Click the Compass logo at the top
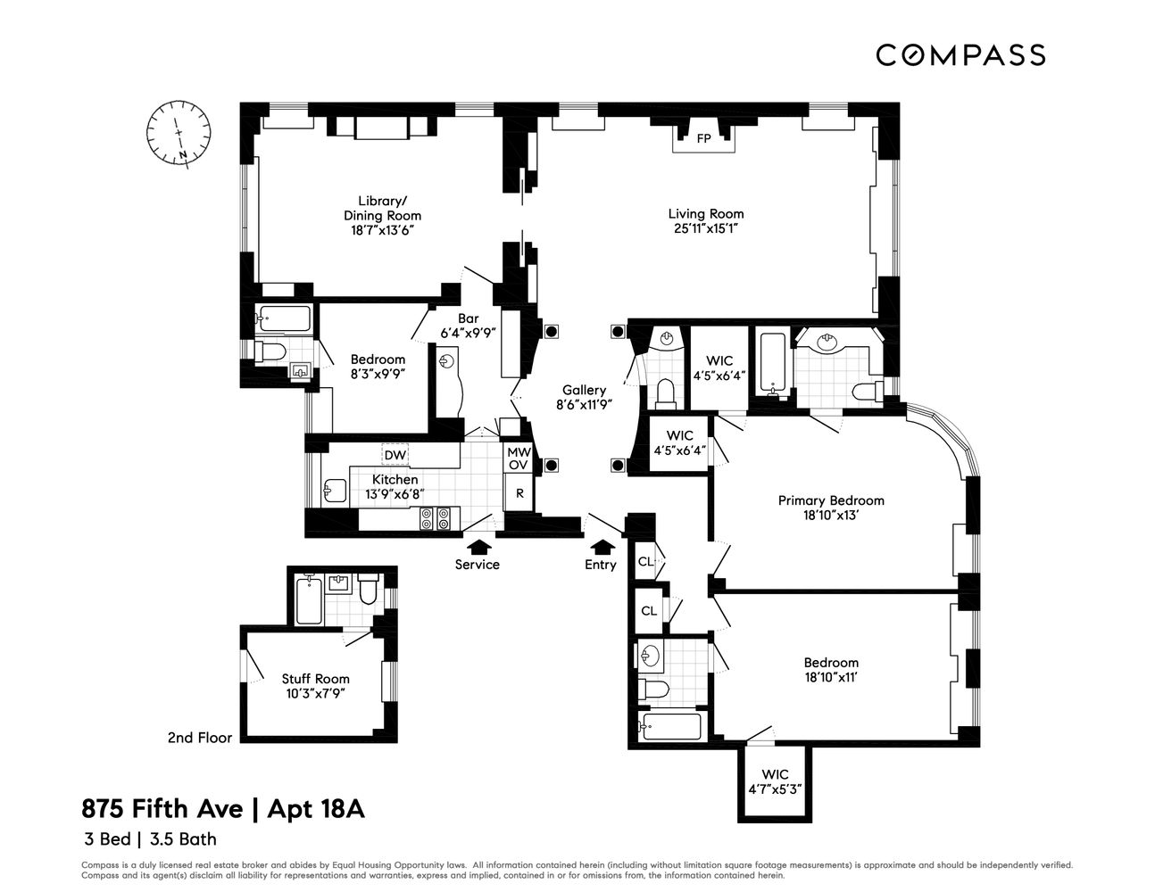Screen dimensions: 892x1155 point(960,55)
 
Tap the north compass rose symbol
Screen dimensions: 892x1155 point(179,133)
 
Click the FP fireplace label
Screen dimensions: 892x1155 point(703,138)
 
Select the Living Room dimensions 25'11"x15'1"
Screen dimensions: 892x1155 point(705,228)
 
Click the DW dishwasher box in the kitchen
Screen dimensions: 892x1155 point(395,455)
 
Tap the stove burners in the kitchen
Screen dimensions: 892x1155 point(436,518)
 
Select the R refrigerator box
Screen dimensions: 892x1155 point(519,492)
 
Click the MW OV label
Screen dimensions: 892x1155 point(519,458)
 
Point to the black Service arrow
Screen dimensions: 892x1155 point(478,546)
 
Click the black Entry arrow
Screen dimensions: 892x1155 point(603,546)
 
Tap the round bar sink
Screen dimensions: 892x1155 point(447,361)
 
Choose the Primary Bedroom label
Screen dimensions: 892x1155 point(830,500)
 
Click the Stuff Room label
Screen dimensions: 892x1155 point(315,679)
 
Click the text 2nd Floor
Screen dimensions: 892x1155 point(199,738)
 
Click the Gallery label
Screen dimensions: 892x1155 point(584,390)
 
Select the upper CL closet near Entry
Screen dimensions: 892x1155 point(645,563)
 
